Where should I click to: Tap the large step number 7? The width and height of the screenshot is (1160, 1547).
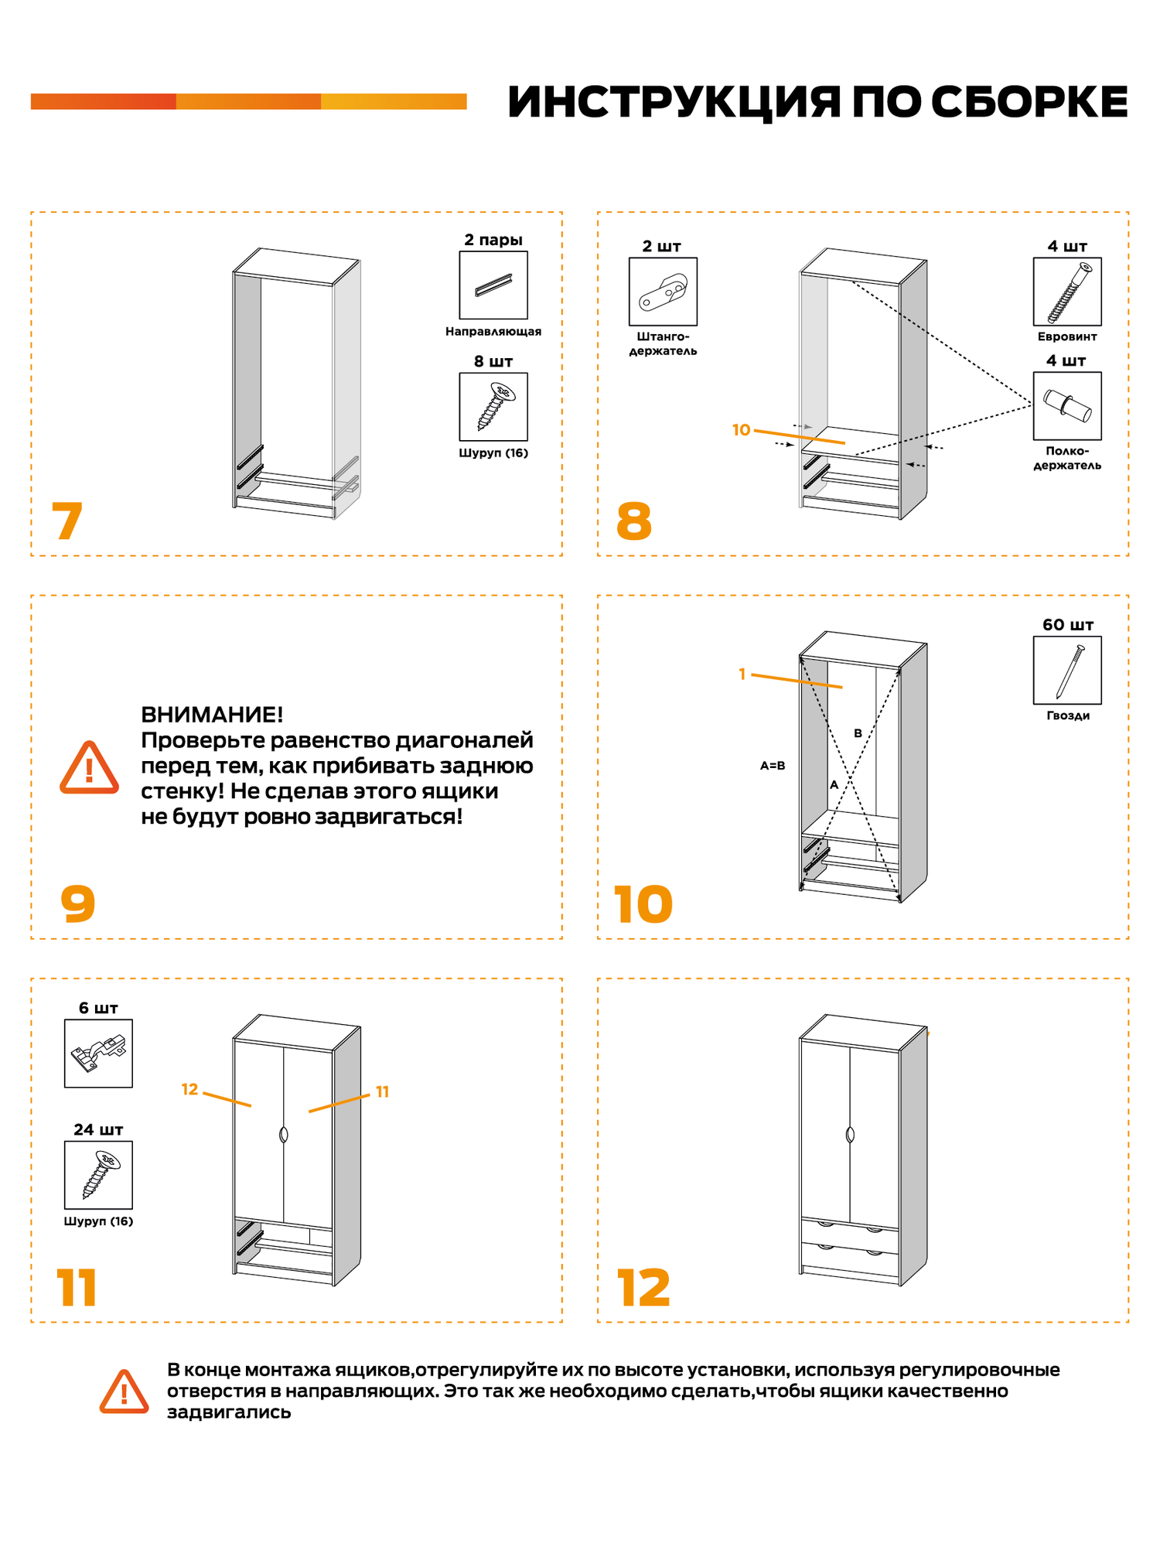(x=67, y=521)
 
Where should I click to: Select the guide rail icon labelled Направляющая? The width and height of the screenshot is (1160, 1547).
(x=493, y=285)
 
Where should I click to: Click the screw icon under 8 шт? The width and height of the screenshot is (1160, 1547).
(x=493, y=407)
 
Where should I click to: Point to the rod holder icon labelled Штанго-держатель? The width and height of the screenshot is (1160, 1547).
(x=663, y=292)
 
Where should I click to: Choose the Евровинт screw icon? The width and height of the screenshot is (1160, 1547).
(x=1067, y=292)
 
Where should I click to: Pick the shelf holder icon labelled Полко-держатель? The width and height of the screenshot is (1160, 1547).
(x=1067, y=406)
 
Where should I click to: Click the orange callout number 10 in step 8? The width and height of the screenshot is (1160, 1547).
(x=741, y=430)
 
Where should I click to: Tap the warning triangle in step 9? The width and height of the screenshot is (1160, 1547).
(x=90, y=768)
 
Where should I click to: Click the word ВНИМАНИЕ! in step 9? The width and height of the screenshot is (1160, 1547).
(x=212, y=715)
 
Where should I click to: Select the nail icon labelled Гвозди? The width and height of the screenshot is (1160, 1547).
(x=1067, y=671)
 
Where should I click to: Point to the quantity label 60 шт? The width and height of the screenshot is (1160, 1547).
(x=1067, y=625)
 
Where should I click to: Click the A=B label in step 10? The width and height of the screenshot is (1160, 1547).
(x=773, y=766)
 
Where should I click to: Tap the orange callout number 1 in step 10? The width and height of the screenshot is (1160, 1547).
(x=742, y=674)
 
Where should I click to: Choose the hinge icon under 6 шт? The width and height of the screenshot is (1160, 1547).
(x=98, y=1053)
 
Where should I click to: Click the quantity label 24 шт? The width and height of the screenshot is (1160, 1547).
(x=98, y=1130)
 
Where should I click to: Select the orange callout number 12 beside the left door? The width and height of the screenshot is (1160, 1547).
(x=189, y=1090)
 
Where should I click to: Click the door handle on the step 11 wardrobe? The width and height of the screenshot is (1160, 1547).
(x=284, y=1135)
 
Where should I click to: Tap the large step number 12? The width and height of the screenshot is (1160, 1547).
(x=643, y=1289)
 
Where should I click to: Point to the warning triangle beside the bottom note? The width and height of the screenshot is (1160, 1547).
(x=124, y=1392)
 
